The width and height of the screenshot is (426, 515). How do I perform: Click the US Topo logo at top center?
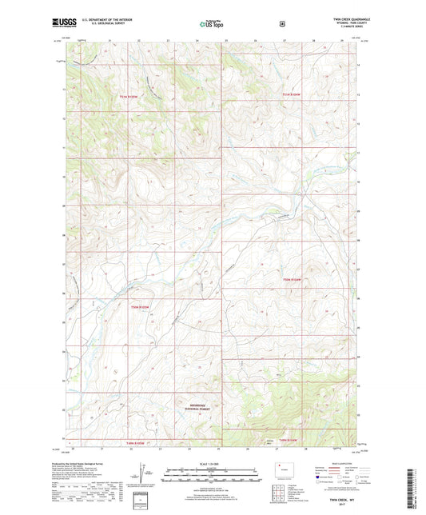(212, 24)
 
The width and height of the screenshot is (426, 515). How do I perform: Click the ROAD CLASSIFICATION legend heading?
(334, 461)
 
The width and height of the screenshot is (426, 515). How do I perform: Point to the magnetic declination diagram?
(139, 473)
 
